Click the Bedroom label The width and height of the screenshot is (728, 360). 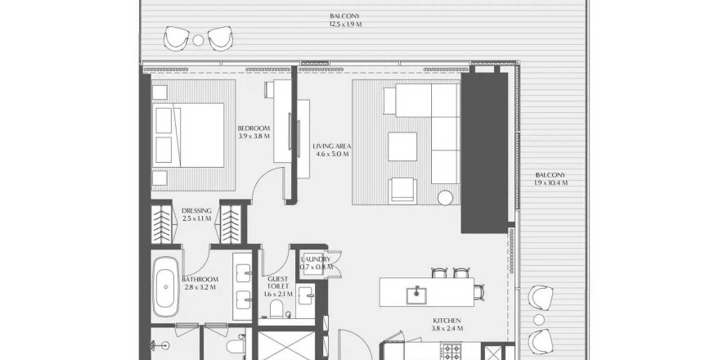click(254, 132)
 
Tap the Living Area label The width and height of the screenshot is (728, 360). click(331, 150)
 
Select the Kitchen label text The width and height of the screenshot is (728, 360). click(447, 324)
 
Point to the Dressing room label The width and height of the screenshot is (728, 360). click(196, 214)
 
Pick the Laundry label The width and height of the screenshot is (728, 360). click(316, 263)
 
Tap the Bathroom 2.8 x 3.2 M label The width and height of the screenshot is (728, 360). click(200, 283)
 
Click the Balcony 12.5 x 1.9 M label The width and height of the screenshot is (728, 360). click(345, 20)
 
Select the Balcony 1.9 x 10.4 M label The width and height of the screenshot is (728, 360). click(550, 179)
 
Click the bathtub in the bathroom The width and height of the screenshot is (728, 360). click(165, 287)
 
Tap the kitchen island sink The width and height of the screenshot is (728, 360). click(416, 295)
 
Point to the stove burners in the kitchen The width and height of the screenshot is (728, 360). click(450, 352)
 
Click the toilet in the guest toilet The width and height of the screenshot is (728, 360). click(276, 309)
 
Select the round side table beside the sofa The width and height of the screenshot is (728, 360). click(445, 198)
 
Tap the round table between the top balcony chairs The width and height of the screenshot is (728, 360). click(198, 40)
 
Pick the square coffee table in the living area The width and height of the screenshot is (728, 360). click(402, 146)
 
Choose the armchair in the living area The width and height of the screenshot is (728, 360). click(402, 191)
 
